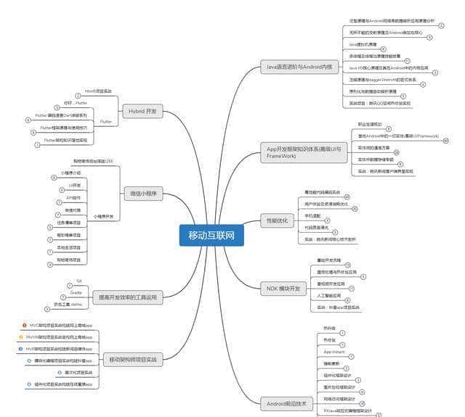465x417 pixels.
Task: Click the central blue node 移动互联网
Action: tap(211, 234)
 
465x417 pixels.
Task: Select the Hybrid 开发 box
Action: tap(143, 112)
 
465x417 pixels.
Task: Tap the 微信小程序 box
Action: tap(143, 194)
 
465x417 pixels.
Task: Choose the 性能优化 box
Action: tap(278, 220)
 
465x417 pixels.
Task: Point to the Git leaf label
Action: tap(79, 279)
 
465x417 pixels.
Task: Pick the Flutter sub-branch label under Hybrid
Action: tap(106, 121)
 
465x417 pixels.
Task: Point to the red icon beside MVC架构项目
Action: tap(25, 325)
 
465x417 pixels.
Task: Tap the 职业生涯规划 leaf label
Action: tap(371, 124)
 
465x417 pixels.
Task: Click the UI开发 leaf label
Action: tap(74, 186)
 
